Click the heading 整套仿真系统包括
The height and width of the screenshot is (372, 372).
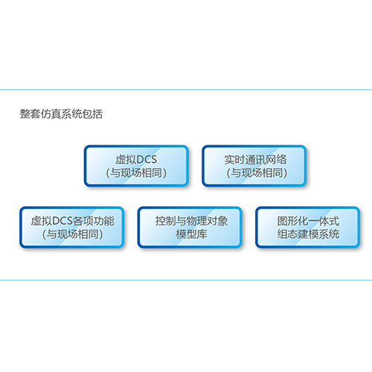pos(61,114)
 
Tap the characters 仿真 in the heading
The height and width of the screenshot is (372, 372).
pos(51,114)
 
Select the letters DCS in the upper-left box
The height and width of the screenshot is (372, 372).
pos(147,159)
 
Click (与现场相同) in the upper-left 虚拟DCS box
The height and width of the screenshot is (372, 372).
pos(136,173)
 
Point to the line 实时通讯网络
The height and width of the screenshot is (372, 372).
pos(255,159)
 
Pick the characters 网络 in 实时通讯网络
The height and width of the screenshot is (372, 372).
pos(276,159)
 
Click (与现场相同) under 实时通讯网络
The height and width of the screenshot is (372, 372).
pos(257,173)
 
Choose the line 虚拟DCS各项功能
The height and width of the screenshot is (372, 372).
pos(72,221)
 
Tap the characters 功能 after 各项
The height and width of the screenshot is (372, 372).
pos(104,221)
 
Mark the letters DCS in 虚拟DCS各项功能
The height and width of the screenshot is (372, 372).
pos(62,221)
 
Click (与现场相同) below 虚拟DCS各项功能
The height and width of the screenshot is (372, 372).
pos(72,234)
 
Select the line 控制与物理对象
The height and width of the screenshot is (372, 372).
pos(191,221)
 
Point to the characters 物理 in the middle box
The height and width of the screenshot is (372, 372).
pos(196,221)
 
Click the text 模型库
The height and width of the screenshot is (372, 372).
pos(191,234)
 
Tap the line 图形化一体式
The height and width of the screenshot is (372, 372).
pos(308,221)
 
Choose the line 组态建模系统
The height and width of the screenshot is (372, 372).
pos(308,234)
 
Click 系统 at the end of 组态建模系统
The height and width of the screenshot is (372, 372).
pos(329,234)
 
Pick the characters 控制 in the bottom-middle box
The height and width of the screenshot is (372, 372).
pos(166,221)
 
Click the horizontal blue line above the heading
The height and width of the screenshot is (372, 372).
pos(186,90)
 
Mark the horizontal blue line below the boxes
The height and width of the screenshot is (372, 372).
pos(186,280)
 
